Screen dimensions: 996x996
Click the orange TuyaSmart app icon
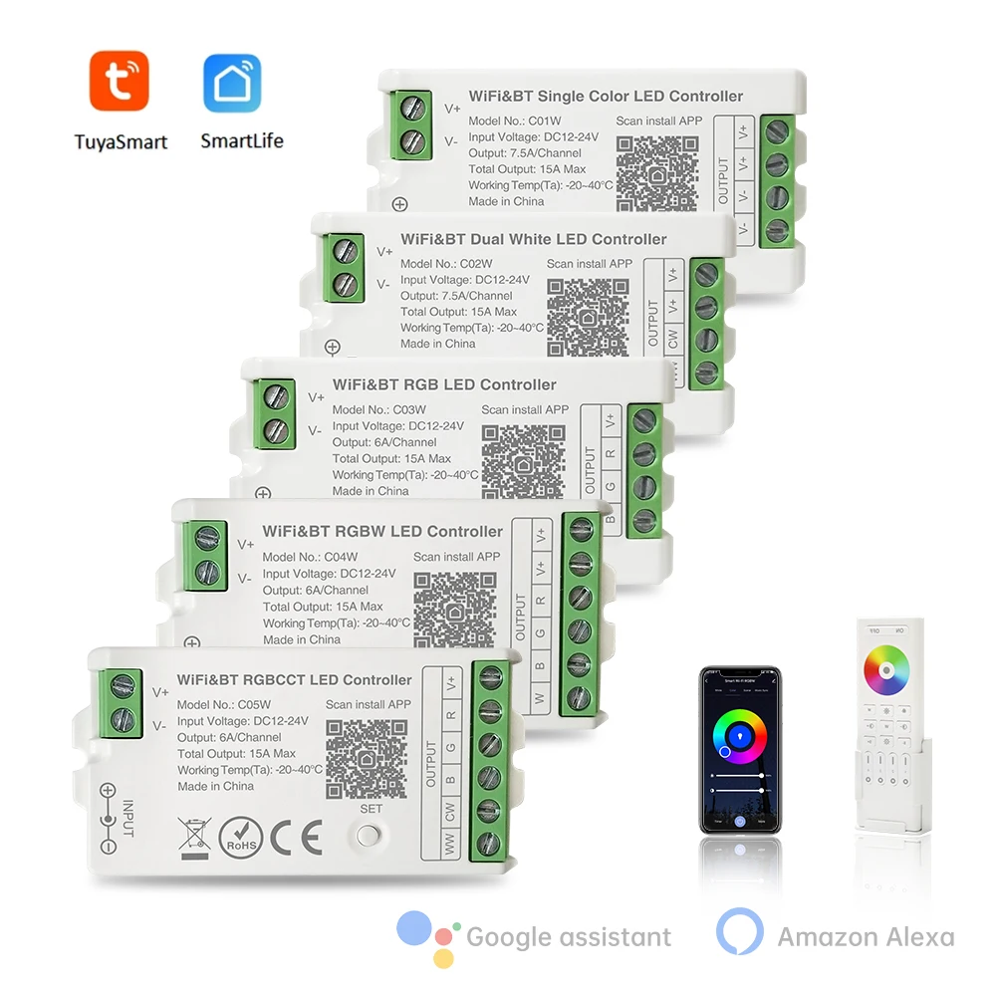(121, 82)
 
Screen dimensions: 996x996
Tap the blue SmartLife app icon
(232, 83)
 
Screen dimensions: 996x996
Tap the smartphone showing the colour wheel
(739, 749)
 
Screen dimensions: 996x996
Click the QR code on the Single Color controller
(657, 174)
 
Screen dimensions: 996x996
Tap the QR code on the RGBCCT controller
(367, 761)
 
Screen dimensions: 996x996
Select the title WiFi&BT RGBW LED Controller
(382, 531)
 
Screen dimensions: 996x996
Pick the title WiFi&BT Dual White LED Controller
(533, 239)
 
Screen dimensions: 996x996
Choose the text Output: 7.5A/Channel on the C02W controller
(456, 296)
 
